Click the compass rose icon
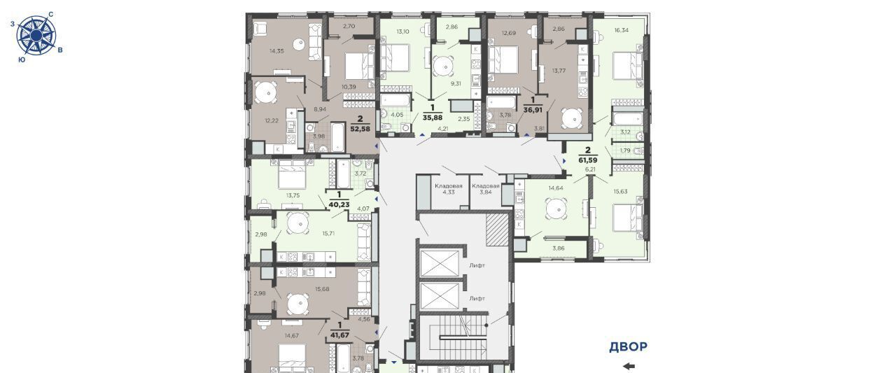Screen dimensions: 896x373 [x=36, y=35]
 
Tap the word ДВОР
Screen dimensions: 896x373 [x=628, y=346]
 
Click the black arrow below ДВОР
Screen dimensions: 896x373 [x=629, y=366]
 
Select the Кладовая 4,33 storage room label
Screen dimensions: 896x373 [x=449, y=189]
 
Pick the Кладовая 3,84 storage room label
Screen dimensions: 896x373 [x=486, y=189]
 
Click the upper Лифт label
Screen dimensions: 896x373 [x=477, y=265]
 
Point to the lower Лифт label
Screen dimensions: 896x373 [x=477, y=298]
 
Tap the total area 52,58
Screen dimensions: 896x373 [x=360, y=129]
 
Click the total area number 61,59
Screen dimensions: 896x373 [x=588, y=160]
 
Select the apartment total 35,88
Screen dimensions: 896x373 [x=433, y=118]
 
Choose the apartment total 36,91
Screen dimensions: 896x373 [x=533, y=110]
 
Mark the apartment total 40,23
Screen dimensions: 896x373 [x=339, y=204]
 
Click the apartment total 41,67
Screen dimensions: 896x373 [x=339, y=335]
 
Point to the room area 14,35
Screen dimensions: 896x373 [x=276, y=51]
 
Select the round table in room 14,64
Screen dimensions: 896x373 [x=556, y=209]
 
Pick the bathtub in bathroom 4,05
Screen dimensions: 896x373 [x=395, y=100]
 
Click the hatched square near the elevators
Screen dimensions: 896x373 [x=497, y=230]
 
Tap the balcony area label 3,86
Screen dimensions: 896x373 [x=558, y=248]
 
